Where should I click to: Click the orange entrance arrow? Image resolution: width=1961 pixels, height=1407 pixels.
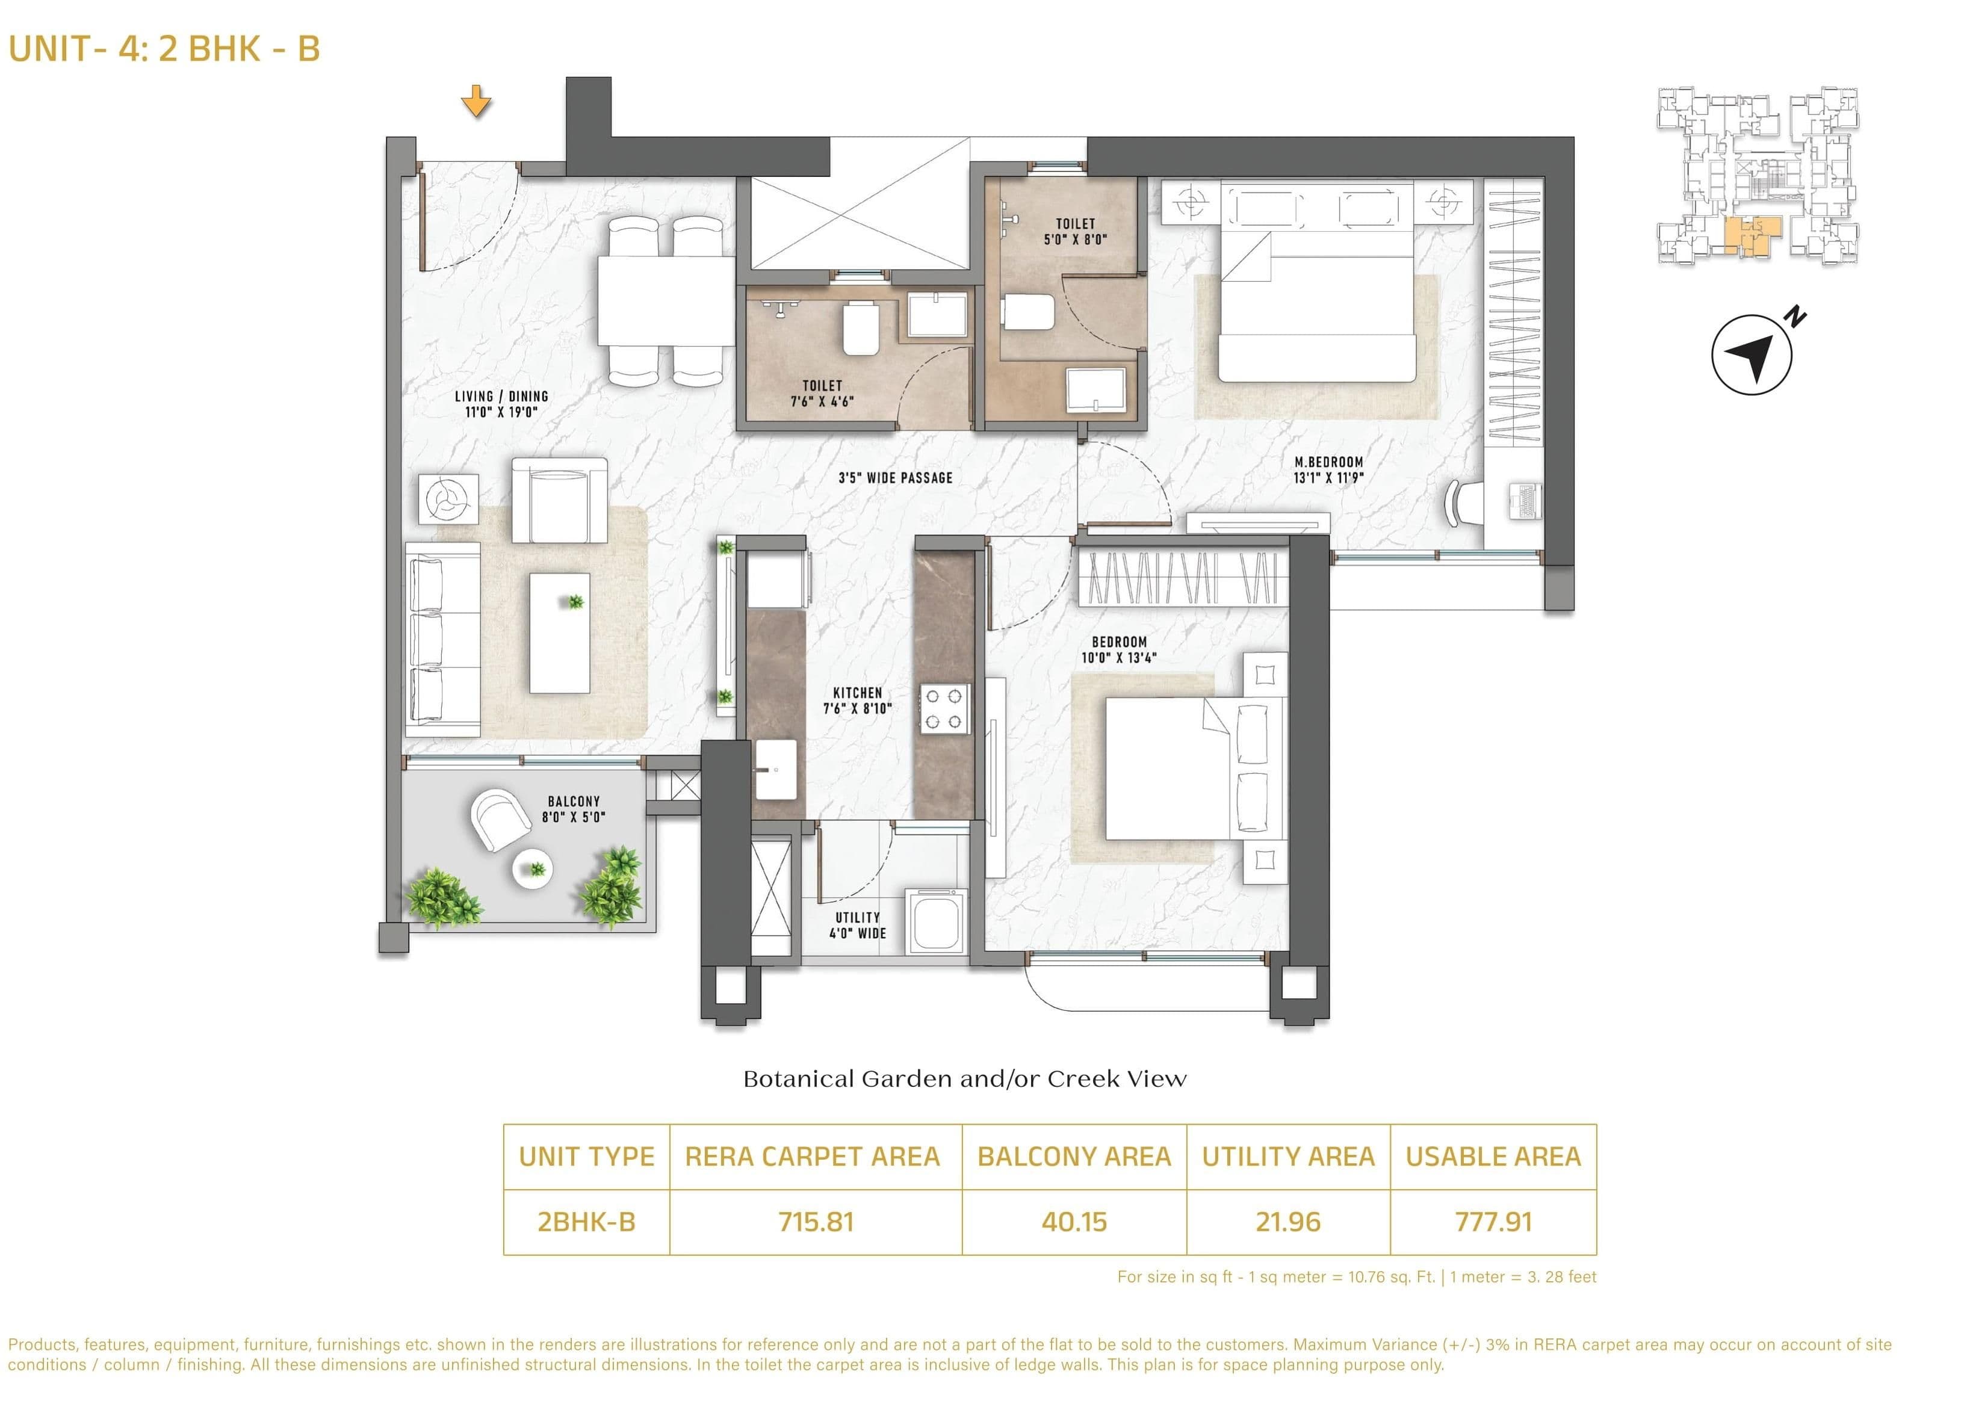[476, 101]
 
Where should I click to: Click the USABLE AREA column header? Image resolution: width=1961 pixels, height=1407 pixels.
[1492, 1157]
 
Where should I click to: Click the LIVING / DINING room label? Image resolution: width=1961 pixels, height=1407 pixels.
[501, 404]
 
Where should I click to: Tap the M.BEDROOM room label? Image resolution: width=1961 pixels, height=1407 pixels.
[1328, 469]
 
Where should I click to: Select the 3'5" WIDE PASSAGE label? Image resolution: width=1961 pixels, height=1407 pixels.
[895, 477]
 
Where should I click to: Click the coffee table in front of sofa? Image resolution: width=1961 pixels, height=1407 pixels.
[559, 632]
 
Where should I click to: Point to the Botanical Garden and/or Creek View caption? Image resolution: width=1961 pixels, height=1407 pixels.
[964, 1078]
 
